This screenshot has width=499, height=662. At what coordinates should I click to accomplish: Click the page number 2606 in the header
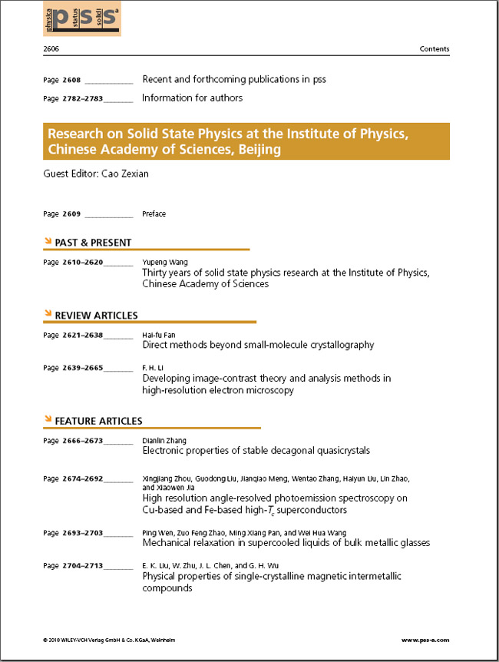tap(51, 49)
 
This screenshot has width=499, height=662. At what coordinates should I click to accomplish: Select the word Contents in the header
tap(435, 49)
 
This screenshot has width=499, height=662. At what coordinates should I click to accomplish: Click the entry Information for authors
tap(192, 98)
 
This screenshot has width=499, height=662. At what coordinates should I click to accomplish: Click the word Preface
tap(154, 213)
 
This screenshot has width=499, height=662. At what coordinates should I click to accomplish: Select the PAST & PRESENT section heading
tap(93, 243)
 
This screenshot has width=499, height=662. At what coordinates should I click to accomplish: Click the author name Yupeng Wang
tap(165, 262)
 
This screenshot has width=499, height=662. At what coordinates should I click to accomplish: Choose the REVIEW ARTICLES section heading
tap(96, 315)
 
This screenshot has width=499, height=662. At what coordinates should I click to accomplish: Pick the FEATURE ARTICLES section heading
tap(98, 421)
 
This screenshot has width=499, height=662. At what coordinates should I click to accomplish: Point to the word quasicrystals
tap(335, 451)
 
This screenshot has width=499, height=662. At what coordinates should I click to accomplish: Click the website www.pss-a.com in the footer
tap(425, 640)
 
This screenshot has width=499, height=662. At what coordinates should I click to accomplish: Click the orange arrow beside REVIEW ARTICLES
tap(48, 314)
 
